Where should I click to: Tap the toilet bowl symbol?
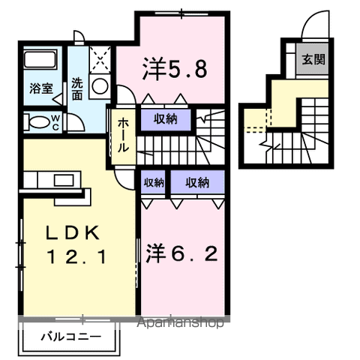pos(34,122)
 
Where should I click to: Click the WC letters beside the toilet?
pos(56,121)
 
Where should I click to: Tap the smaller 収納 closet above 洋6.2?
pos(154,182)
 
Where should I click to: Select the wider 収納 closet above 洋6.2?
pos(197,182)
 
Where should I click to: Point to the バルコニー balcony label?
pos(70,337)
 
